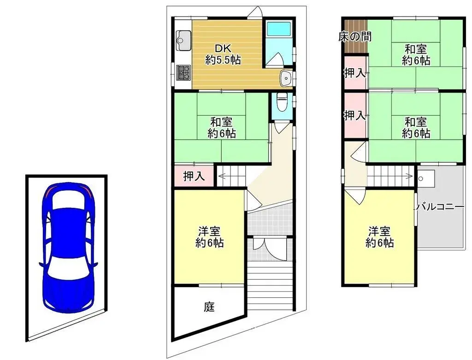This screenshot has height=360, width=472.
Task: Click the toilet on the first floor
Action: click(280, 101)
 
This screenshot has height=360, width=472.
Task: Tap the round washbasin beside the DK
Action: click(286, 78)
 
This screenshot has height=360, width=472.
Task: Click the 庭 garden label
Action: click(209, 307)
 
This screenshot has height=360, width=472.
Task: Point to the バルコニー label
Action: click(440, 207)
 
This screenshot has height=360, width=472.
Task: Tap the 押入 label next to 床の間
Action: click(355, 72)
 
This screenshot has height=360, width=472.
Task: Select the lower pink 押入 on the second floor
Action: click(355, 116)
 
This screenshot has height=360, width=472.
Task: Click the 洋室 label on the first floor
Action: click(210, 236)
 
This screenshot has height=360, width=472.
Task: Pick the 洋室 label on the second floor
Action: click(380, 236)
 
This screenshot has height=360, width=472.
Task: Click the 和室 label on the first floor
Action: click(222, 128)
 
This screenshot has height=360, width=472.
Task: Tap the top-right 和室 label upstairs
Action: click(416, 54)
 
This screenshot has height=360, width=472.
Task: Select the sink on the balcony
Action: click(424, 177)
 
